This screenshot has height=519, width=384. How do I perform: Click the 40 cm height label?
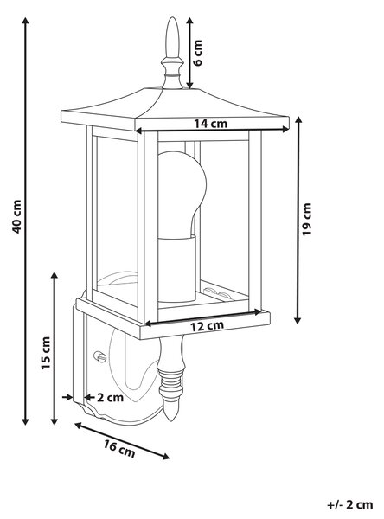click(16, 216)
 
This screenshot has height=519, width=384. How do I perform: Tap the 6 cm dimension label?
click(198, 53)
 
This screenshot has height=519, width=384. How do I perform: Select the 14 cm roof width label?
click(210, 124)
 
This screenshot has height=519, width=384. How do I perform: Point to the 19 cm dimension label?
click(307, 219)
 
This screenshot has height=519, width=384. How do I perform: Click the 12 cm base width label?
click(207, 326)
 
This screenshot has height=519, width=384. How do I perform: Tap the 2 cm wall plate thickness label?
click(110, 397)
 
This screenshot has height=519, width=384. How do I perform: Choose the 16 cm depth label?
click(119, 449)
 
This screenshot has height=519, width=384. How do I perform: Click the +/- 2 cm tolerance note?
click(350, 505)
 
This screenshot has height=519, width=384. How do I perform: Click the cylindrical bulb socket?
click(176, 269)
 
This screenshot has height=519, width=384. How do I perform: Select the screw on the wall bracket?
click(100, 356)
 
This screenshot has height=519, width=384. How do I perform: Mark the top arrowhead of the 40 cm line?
click(25, 21)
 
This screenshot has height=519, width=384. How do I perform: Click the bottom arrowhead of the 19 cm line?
click(298, 319)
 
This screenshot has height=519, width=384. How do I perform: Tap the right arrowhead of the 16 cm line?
click(165, 457)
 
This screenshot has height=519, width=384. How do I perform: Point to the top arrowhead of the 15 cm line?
click(54, 276)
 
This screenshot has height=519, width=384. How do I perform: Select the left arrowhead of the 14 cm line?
click(139, 131)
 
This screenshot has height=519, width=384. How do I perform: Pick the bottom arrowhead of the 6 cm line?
click(189, 86)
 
